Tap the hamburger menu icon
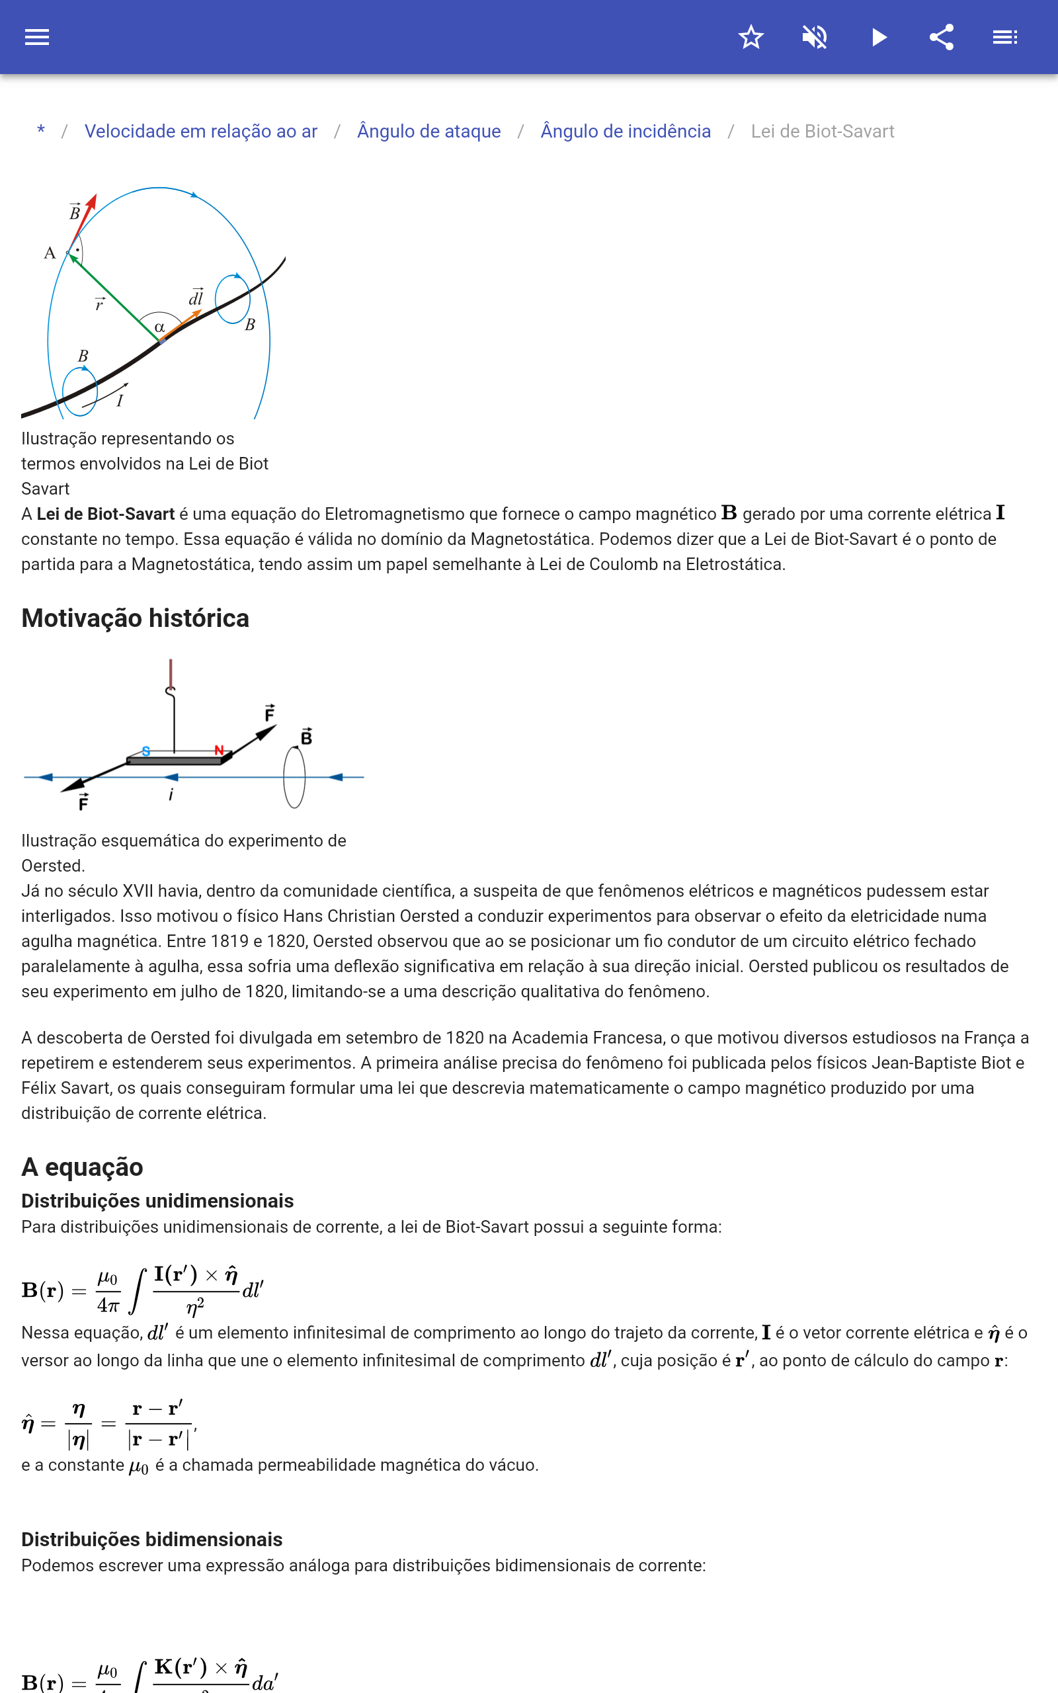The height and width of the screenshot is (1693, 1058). [37, 37]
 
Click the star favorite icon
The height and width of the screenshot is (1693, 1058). [751, 37]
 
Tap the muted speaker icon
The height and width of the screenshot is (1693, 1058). [815, 37]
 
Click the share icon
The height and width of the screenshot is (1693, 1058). [942, 37]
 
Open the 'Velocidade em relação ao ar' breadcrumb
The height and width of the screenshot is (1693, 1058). [201, 132]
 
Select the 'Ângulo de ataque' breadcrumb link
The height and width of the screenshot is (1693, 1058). [429, 132]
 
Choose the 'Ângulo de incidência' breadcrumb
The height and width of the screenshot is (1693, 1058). [626, 132]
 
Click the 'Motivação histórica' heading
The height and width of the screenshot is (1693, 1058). [135, 618]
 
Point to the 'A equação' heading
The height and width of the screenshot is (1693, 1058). [82, 1167]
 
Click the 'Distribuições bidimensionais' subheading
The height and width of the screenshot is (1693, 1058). [152, 1539]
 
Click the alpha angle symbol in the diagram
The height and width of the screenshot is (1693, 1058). [159, 327]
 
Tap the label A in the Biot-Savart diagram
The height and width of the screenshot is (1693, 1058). [50, 253]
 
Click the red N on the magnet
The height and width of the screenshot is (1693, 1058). [219, 751]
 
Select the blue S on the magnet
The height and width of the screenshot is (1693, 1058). [145, 751]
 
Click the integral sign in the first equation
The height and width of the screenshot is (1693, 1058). [138, 1291]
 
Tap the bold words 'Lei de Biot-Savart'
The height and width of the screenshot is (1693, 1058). [106, 515]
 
